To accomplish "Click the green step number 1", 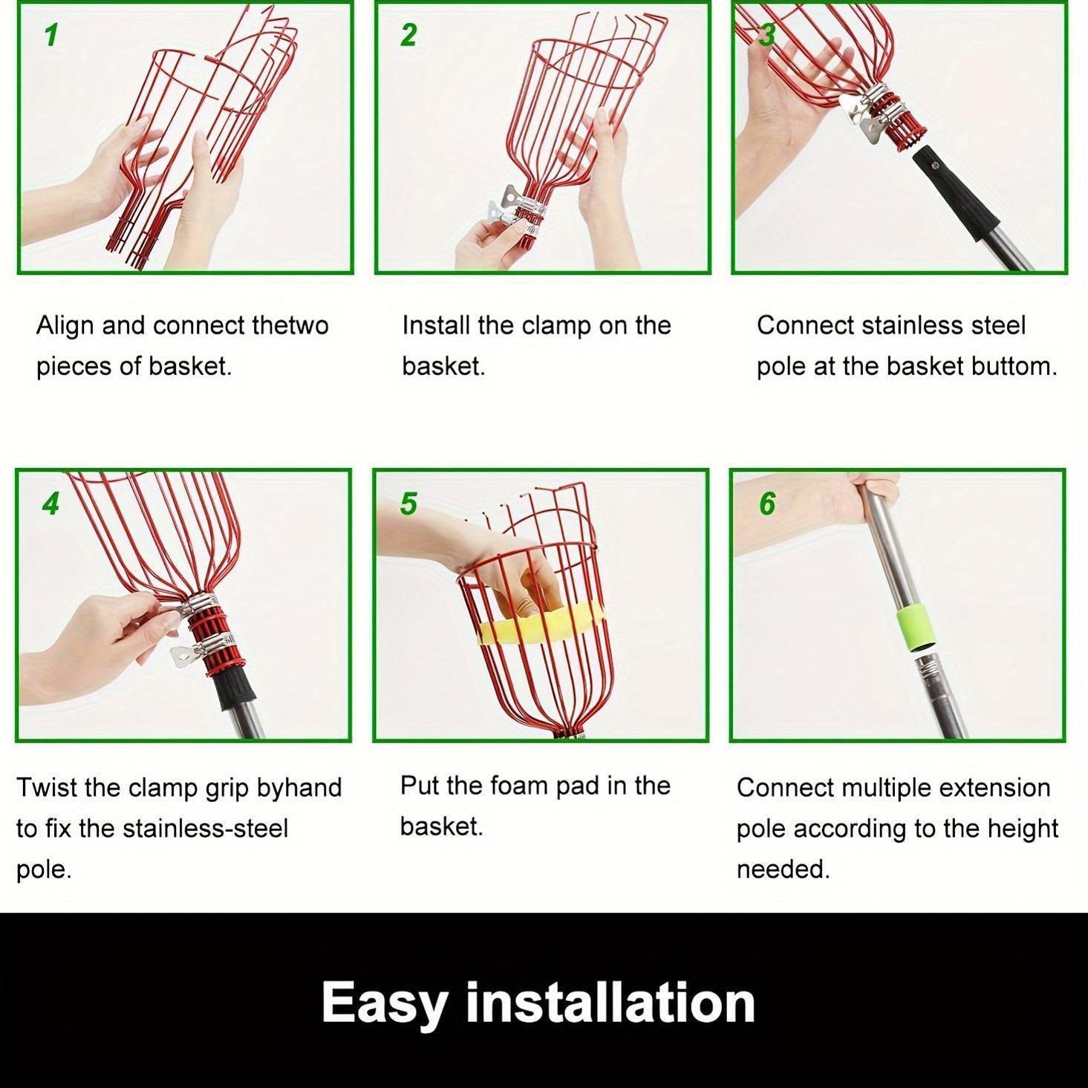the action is click(51, 35).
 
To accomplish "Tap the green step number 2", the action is click(408, 35).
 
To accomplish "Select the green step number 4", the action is click(51, 503).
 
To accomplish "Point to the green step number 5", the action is click(408, 503).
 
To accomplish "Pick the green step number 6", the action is click(767, 503).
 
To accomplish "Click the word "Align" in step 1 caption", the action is click(65, 326).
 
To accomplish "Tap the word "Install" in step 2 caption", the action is click(436, 326).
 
